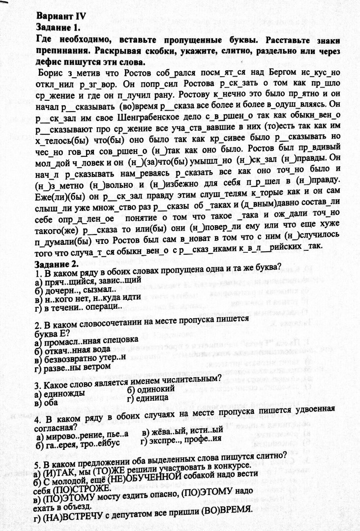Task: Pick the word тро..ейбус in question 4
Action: point(106,444)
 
